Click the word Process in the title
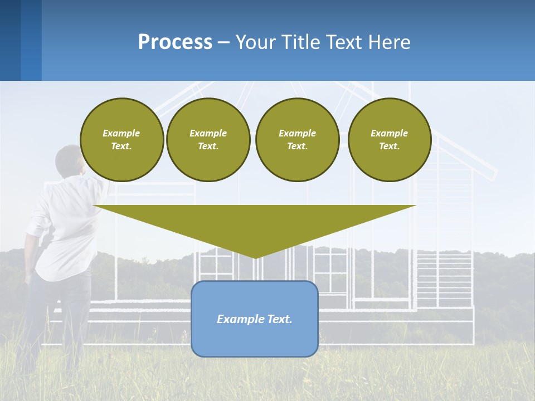point(175,42)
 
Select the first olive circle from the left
point(121,140)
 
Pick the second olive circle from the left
point(208,140)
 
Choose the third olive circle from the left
point(297,140)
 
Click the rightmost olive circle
point(389,140)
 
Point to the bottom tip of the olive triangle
point(255,257)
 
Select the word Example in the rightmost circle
point(389,133)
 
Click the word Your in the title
point(256,42)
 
